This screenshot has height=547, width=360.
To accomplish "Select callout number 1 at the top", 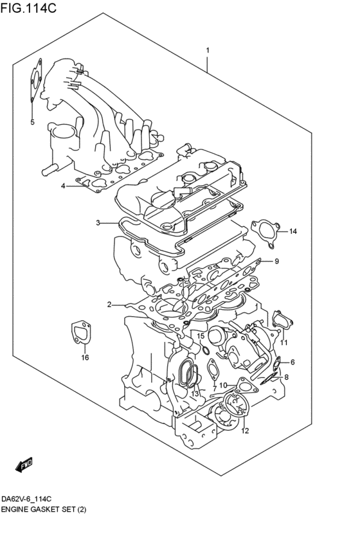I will pos(208,50).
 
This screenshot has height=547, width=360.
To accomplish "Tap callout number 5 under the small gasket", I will pos(32,121).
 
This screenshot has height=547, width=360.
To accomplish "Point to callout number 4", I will pos(63,186).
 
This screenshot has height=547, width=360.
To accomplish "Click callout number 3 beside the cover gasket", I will pos(98,223).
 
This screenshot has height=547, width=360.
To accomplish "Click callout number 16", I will pos(84,358).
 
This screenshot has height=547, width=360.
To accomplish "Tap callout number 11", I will pos(283,342).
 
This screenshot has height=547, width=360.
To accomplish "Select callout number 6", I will pos(292,363).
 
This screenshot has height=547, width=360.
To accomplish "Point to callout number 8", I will pos(287,378).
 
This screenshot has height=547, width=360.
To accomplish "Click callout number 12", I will pos(244,431).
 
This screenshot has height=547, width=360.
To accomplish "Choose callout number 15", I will pos(201,336).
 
